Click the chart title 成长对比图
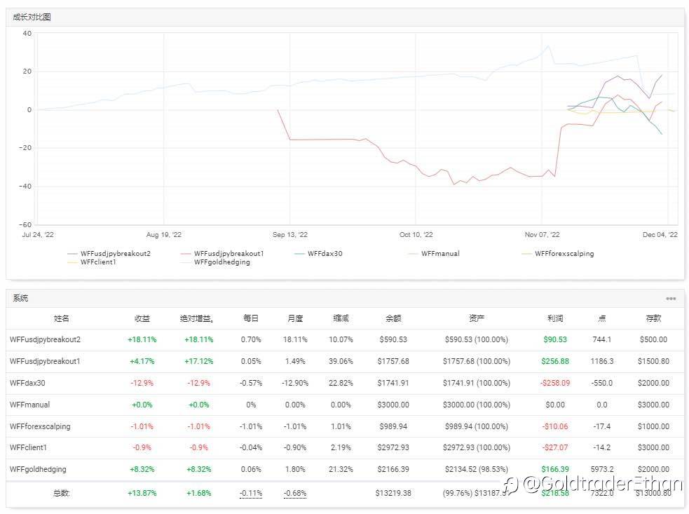click(x=32, y=17)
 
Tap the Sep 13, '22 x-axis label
click(x=289, y=236)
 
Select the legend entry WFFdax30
click(x=325, y=254)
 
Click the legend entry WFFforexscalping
click(x=564, y=254)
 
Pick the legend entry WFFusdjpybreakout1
click(x=228, y=254)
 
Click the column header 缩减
click(x=341, y=318)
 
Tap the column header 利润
click(x=554, y=318)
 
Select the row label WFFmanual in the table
click(x=30, y=405)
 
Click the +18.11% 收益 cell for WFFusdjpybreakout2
click(x=142, y=339)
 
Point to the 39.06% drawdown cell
click(x=341, y=361)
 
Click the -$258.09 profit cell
click(x=554, y=383)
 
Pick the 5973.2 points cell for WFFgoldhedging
click(x=601, y=469)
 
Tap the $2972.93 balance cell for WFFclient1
click(x=393, y=447)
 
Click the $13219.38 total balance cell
click(x=393, y=493)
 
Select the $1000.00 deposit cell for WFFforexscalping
click(x=654, y=426)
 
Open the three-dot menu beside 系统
click(x=671, y=299)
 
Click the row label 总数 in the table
click(x=62, y=493)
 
